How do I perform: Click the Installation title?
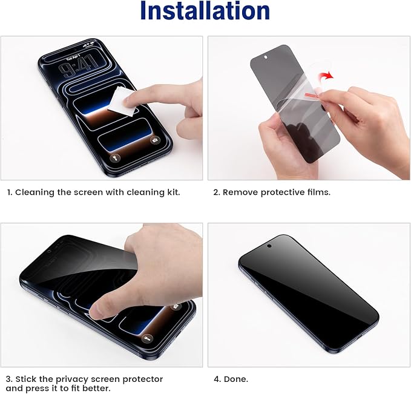tap(205, 11)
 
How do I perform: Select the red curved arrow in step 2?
tap(326, 76)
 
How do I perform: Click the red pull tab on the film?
tap(312, 94)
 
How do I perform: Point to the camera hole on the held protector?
tap(266, 57)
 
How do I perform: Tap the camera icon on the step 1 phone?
tap(155, 140)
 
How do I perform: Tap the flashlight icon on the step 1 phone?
tap(114, 157)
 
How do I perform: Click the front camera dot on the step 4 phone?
tap(269, 246)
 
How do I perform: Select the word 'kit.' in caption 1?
tap(174, 192)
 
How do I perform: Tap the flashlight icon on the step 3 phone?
tap(147, 338)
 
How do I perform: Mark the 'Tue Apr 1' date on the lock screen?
tap(73, 58)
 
